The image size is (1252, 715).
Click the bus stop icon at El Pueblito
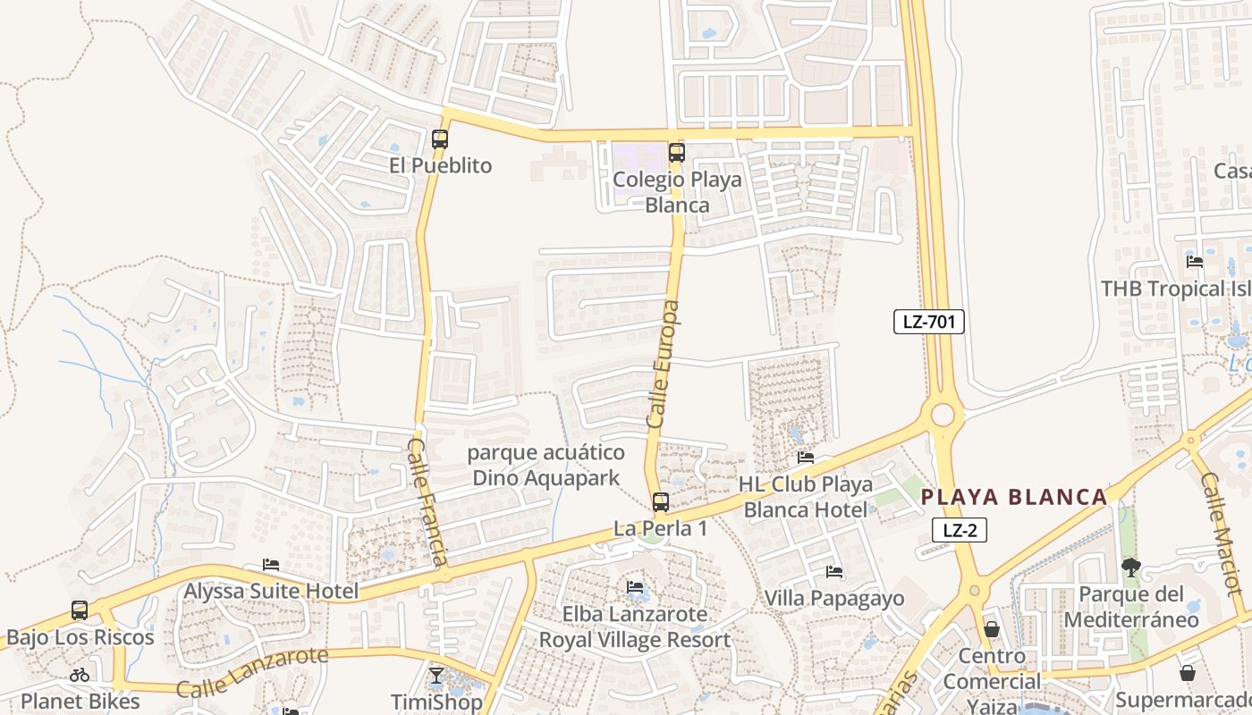[x=439, y=139]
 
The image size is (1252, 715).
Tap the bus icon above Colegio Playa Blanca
[x=676, y=153]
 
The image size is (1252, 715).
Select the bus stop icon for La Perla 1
[x=660, y=502]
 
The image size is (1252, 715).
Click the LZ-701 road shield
[x=929, y=322]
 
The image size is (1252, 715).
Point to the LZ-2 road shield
[x=960, y=530]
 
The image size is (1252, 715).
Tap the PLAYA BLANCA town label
[x=1014, y=498]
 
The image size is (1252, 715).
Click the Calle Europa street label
[x=663, y=364]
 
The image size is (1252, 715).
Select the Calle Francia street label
[x=427, y=501]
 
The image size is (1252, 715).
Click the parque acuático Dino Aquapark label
[x=546, y=465]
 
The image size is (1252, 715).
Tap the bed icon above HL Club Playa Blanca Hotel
[x=806, y=458]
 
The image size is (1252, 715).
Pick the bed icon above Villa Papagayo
[x=834, y=571]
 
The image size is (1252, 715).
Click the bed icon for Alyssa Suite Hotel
[x=271, y=565]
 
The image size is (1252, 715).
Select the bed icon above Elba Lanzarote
[x=635, y=587]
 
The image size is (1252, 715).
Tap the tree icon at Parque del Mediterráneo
[x=1131, y=567]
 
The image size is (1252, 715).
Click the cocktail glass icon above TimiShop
[x=436, y=675]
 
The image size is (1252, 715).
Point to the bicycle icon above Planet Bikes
[x=80, y=675]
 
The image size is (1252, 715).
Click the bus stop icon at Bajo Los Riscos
[x=80, y=610]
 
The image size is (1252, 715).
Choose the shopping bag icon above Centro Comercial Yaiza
[x=992, y=629]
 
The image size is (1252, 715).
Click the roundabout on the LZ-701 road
[x=943, y=415]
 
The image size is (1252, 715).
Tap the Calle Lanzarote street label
[x=252, y=672]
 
